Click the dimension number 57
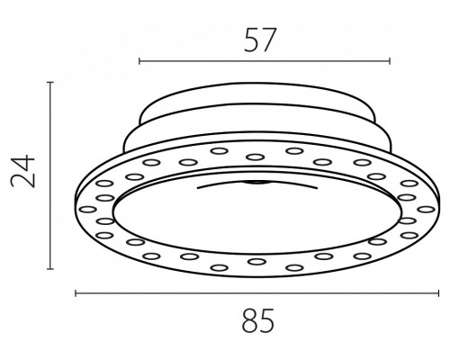(x=259, y=40)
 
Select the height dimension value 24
(x=22, y=171)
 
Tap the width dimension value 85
(x=258, y=320)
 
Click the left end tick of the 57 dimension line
(x=139, y=61)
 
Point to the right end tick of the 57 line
(x=390, y=61)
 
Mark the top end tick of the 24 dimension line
(x=50, y=82)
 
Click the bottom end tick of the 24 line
(x=50, y=269)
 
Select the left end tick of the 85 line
(x=76, y=293)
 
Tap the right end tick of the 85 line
(x=438, y=293)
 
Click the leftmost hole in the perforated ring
(x=87, y=209)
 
